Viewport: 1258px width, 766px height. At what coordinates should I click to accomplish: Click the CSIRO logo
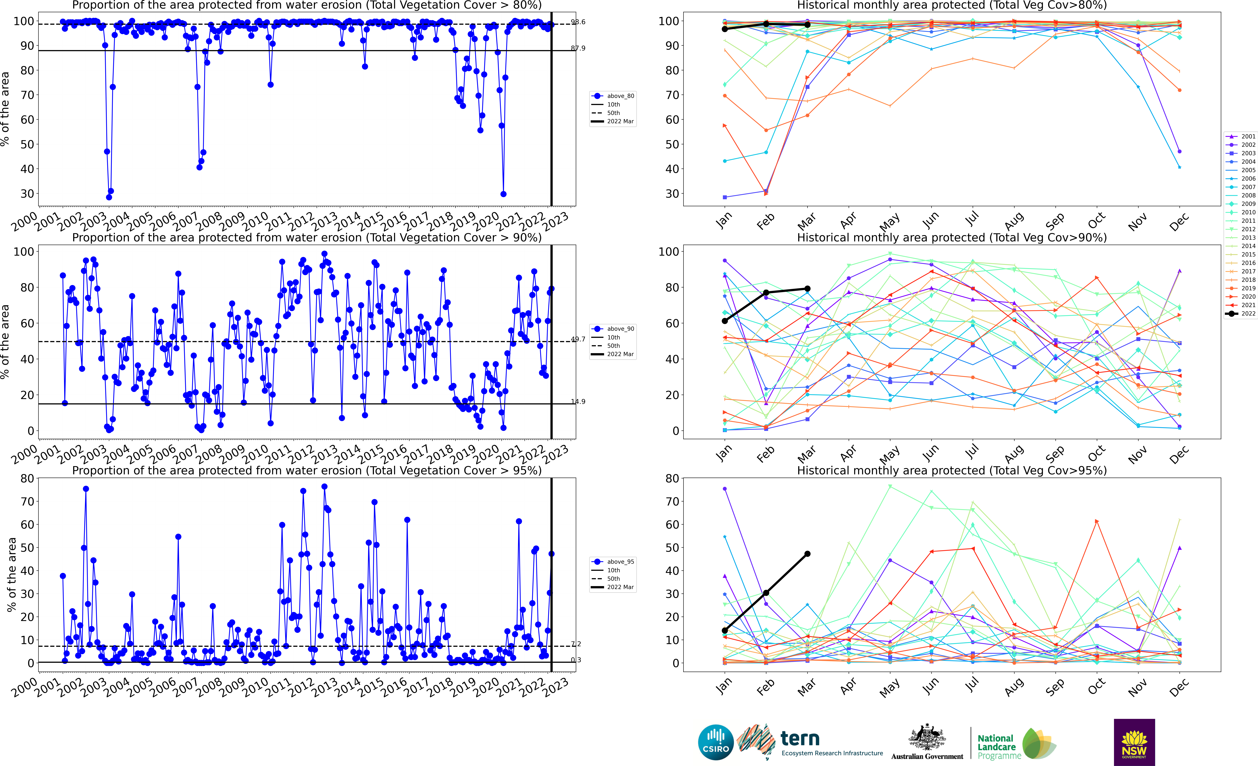[716, 742]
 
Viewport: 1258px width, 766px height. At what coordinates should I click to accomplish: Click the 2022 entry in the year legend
[1241, 314]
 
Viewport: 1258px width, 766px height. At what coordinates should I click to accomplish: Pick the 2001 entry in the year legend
[1241, 136]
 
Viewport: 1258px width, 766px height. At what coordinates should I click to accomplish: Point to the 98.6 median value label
[578, 22]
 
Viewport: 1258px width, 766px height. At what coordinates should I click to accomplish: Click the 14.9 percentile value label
[578, 401]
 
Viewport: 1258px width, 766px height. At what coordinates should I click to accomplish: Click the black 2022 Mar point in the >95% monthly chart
[807, 554]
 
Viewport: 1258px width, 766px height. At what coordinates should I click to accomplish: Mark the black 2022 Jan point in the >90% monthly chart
[724, 321]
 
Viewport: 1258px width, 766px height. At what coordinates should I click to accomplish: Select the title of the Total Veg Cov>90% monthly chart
[952, 238]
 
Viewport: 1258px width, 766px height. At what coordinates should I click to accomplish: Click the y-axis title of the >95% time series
[11, 575]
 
